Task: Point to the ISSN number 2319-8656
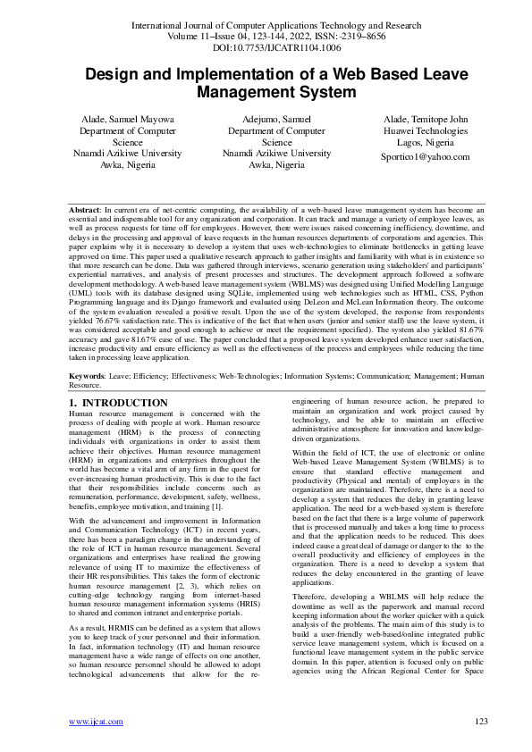click(379, 38)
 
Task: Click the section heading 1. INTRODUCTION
click(118, 404)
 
